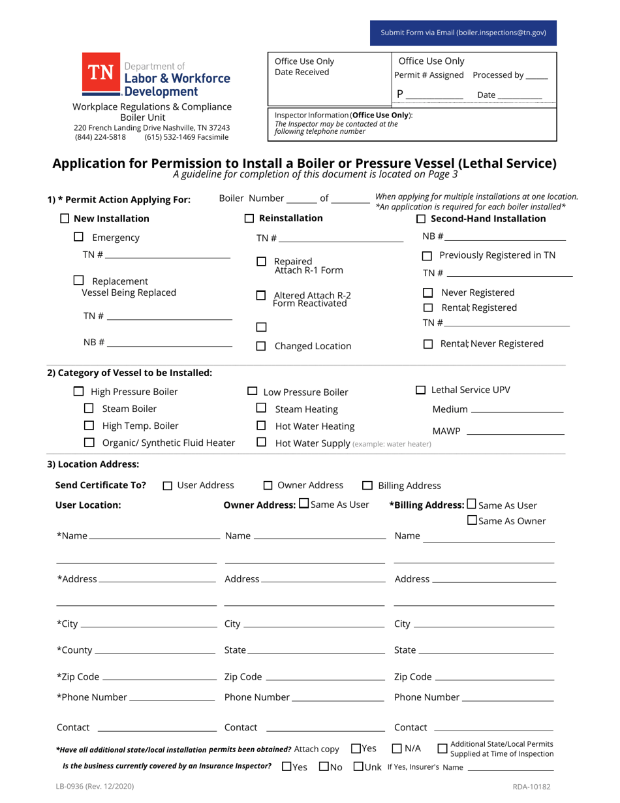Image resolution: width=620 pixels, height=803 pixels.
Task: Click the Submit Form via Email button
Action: tap(463, 33)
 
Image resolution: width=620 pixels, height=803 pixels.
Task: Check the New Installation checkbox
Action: tap(65, 219)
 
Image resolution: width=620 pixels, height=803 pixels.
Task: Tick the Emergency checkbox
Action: tap(78, 238)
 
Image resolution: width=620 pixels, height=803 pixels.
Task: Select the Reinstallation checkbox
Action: tap(249, 218)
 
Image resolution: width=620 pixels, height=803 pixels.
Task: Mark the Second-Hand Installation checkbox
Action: tap(421, 219)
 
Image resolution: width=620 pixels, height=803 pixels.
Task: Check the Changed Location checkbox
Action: tap(261, 347)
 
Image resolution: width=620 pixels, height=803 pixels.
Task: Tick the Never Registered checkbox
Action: tap(428, 292)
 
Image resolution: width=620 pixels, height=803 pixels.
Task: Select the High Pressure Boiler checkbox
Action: tap(78, 392)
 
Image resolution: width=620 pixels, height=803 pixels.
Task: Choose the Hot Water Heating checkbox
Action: tap(261, 426)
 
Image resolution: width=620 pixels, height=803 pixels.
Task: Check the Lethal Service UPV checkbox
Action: tap(421, 390)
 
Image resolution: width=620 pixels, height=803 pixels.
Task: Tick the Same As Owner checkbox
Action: tap(472, 520)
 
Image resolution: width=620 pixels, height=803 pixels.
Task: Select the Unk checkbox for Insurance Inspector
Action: tap(358, 766)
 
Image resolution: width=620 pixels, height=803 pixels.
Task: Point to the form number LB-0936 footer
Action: tap(95, 787)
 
